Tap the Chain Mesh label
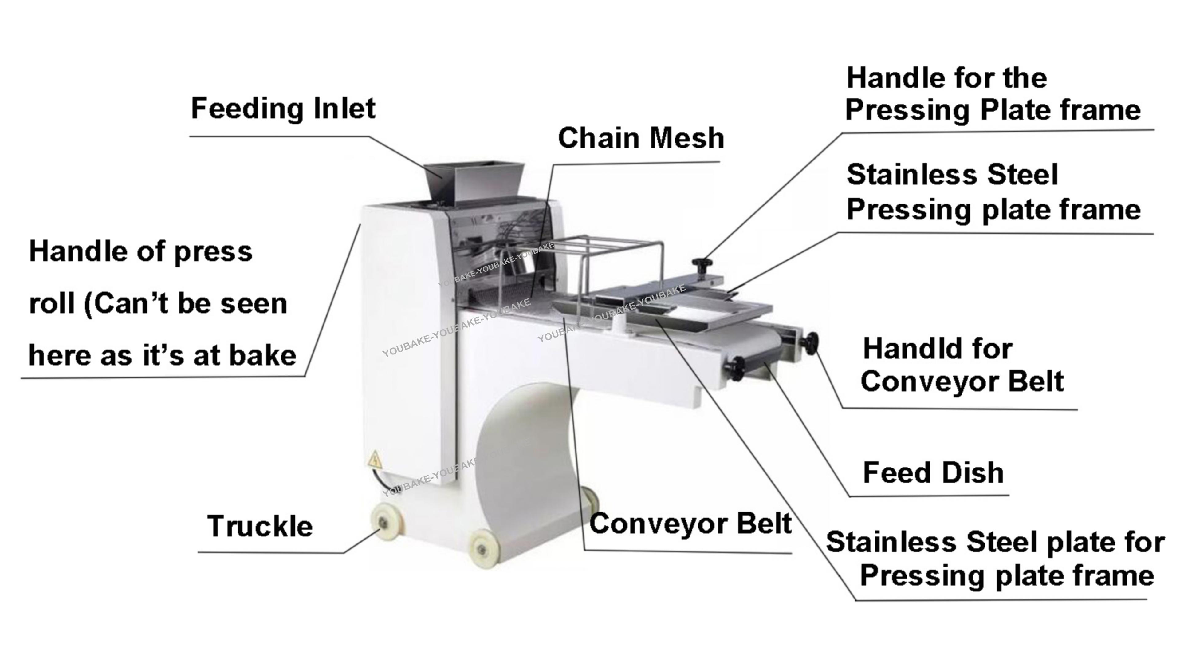point(640,138)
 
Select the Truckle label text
point(260,526)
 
